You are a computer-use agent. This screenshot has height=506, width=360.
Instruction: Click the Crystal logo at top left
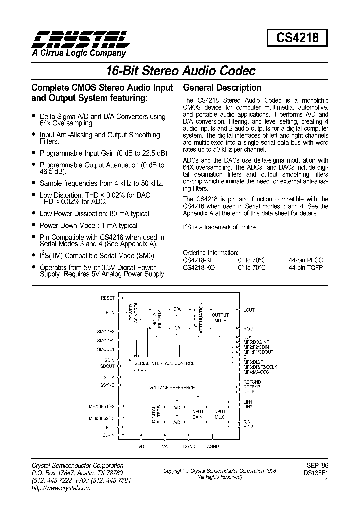click(80, 38)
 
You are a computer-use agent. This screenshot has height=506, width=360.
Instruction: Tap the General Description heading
click(222, 88)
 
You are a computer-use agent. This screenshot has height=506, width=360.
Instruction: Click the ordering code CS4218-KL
click(198, 260)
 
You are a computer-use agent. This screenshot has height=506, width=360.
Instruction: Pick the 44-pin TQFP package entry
click(306, 267)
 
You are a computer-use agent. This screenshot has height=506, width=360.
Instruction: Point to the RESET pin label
click(108, 298)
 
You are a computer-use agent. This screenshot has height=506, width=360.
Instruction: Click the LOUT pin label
click(249, 310)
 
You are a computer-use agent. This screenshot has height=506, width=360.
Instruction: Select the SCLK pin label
click(109, 377)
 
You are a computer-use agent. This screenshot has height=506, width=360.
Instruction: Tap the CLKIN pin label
click(108, 435)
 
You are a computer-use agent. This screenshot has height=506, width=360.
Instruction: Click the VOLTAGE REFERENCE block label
click(172, 388)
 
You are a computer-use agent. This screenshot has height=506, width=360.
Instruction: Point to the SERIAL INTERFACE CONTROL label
click(164, 363)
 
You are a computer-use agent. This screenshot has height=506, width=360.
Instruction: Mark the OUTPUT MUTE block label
click(220, 318)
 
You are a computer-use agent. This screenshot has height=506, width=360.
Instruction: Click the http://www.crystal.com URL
click(61, 488)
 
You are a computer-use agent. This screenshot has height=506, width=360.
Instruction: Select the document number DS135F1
click(314, 472)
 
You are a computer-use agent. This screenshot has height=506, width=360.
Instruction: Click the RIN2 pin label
click(248, 427)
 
